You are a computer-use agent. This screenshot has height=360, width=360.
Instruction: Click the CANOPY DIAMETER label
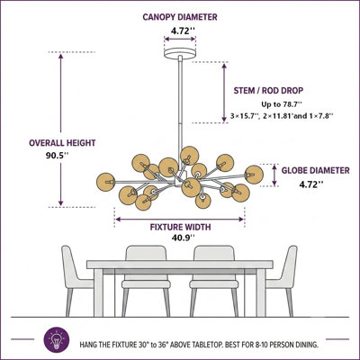pyautogui.click(x=180, y=17)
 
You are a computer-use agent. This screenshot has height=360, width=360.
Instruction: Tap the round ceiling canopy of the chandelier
pyautogui.click(x=180, y=53)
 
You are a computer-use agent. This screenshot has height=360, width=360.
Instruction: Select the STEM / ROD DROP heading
pyautogui.click(x=268, y=90)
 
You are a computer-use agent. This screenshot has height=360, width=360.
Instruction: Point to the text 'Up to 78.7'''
pyautogui.click(x=282, y=104)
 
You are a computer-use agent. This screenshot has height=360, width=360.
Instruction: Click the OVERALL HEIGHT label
pyautogui.click(x=62, y=143)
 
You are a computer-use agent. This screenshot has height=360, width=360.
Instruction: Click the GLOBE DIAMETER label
pyautogui.click(x=315, y=170)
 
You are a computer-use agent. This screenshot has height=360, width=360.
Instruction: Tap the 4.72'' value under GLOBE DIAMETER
pyautogui.click(x=311, y=184)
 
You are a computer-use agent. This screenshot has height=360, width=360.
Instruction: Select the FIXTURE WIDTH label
pyautogui.click(x=180, y=227)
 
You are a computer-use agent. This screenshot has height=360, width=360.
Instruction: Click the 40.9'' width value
pyautogui.click(x=183, y=238)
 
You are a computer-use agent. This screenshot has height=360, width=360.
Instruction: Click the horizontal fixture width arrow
pyautogui.click(x=179, y=220)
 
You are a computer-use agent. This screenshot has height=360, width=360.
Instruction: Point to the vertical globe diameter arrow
pyautogui.click(x=274, y=175)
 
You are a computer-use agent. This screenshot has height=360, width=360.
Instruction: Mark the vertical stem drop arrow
pyautogui.click(x=224, y=93)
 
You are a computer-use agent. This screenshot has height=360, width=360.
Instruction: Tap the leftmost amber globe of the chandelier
pyautogui.click(x=105, y=182)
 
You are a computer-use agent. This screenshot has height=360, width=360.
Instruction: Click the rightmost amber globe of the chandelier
pyautogui.click(x=254, y=175)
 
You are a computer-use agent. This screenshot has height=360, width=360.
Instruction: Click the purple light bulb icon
pyautogui.click(x=57, y=340)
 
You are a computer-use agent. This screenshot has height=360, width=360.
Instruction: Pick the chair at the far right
pyautogui.click(x=284, y=281)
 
